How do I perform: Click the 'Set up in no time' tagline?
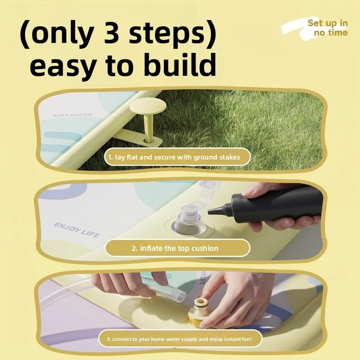click(x=328, y=28)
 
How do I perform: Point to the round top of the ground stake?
click(x=147, y=106)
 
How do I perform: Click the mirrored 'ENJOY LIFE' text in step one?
click(x=72, y=115)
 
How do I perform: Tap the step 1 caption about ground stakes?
click(x=174, y=157)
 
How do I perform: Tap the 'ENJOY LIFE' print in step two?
click(x=77, y=230)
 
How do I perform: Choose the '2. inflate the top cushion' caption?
click(x=175, y=248)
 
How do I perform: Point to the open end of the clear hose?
click(x=181, y=296)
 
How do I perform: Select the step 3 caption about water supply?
click(x=179, y=339)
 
